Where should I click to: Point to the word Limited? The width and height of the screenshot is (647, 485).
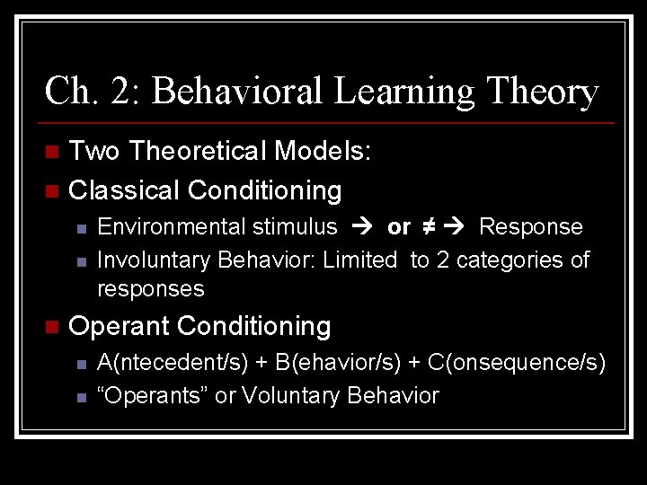click(359, 260)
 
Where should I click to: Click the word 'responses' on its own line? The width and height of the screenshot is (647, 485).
click(150, 289)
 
